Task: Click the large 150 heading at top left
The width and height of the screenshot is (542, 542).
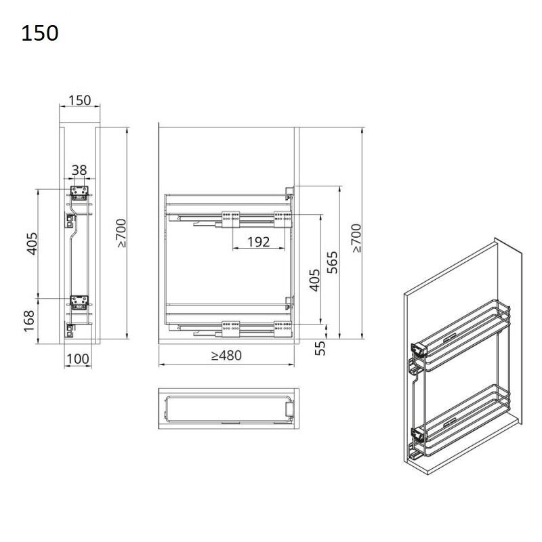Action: click(x=40, y=33)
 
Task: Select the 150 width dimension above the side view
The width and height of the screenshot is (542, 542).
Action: click(x=79, y=100)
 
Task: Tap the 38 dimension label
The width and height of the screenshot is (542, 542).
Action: click(x=79, y=170)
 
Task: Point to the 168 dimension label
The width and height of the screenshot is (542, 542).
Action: click(x=29, y=321)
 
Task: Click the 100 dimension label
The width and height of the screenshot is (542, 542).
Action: click(x=78, y=359)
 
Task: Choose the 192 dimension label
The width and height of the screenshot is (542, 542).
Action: click(x=258, y=242)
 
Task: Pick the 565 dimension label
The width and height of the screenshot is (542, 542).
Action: click(x=332, y=262)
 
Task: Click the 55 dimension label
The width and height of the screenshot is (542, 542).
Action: click(x=320, y=348)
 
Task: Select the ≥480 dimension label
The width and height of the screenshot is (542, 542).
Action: click(x=226, y=355)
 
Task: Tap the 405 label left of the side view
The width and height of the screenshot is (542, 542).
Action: click(x=32, y=244)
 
